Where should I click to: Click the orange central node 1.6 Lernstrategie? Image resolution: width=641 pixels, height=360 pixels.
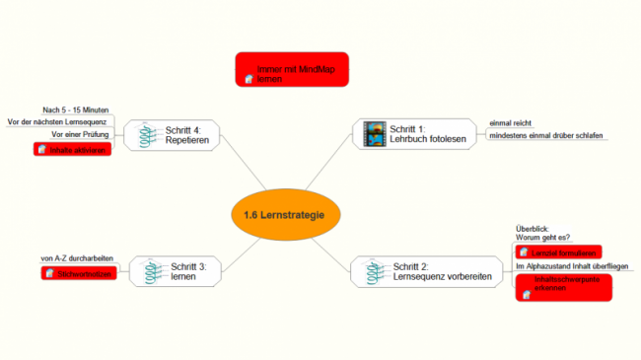(x=291, y=215)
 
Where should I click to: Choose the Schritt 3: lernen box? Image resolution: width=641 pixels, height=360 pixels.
(x=177, y=272)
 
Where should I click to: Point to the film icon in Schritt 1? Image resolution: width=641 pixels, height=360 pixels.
(x=375, y=134)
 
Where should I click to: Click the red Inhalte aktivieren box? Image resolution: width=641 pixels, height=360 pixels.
(x=72, y=149)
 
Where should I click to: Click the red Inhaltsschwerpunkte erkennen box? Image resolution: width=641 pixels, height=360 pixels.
(x=563, y=287)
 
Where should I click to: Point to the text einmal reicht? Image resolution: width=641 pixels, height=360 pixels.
(x=509, y=122)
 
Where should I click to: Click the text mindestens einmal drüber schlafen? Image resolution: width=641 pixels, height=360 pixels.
(x=545, y=136)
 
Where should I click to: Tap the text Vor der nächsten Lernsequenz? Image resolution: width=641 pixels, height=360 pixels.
(x=58, y=121)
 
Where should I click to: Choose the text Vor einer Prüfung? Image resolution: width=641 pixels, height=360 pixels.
(x=80, y=134)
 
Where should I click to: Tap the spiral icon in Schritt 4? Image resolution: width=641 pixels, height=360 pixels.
(x=147, y=135)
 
